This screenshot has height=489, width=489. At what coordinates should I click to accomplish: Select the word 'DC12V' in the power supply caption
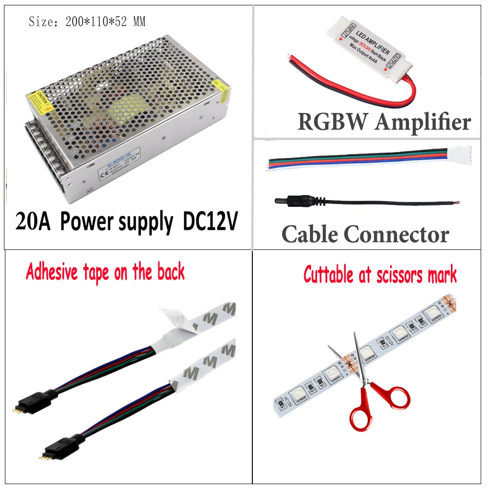click(210, 222)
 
